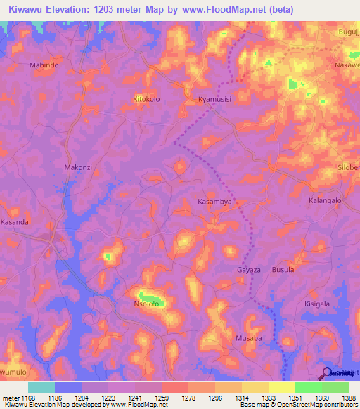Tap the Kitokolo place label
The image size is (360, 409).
pos(147,99)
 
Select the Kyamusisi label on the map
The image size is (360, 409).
pos(214,100)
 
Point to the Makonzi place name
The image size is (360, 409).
pos(78,167)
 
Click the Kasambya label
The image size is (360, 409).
pos(214,202)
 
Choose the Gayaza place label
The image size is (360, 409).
pos(249,270)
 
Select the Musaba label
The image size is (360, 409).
pos(248,338)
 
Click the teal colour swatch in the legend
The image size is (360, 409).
pos(41,387)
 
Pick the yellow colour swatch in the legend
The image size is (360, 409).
pos(282,387)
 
